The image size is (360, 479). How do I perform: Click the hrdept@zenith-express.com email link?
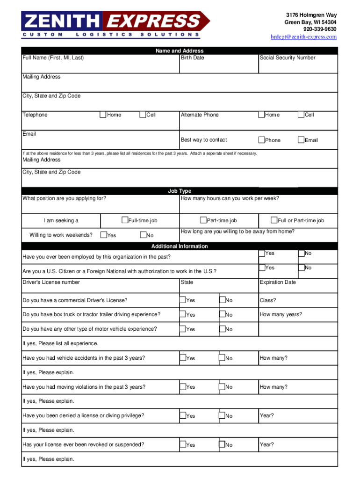(x=304, y=37)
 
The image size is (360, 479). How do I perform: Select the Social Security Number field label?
(x=288, y=58)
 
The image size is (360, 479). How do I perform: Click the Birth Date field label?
(x=192, y=58)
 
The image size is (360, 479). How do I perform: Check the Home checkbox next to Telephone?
(x=103, y=115)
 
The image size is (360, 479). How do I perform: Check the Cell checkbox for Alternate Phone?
(x=301, y=115)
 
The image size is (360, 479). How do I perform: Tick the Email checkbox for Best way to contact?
(x=301, y=140)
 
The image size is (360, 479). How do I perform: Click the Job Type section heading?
(x=180, y=191)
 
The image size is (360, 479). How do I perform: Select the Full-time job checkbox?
(x=125, y=220)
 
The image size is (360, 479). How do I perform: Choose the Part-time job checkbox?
(x=203, y=220)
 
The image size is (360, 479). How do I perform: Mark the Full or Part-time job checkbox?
(x=274, y=220)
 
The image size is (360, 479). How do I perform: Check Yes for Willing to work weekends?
(x=103, y=235)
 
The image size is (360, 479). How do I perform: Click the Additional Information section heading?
(x=180, y=246)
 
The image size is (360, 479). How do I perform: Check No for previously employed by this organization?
(x=301, y=253)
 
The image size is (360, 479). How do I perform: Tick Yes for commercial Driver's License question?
(x=183, y=300)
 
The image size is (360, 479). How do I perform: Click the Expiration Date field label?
(x=278, y=283)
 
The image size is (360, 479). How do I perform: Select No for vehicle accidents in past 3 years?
(x=222, y=358)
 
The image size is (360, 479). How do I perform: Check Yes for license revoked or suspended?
(x=183, y=444)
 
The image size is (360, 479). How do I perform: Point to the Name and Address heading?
(x=180, y=51)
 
